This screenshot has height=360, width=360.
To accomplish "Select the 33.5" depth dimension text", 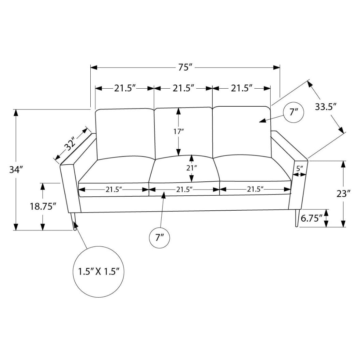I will [326, 107].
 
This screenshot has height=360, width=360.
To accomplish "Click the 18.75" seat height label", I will [42, 206].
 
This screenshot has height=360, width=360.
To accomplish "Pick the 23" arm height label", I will [343, 194].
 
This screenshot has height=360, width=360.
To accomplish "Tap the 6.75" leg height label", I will [312, 218].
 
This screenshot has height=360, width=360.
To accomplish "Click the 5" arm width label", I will [299, 168].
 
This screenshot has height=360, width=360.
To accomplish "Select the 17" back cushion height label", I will [178, 131].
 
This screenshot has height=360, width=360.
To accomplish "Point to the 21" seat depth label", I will [192, 168].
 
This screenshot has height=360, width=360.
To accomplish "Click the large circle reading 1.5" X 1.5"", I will [98, 272].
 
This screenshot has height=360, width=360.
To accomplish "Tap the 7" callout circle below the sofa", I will [160, 237].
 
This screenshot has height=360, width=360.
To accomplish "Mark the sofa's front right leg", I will [295, 219].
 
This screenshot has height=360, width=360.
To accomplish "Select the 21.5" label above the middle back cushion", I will [183, 88].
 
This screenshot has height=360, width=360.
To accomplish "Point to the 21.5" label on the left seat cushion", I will [114, 190].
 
